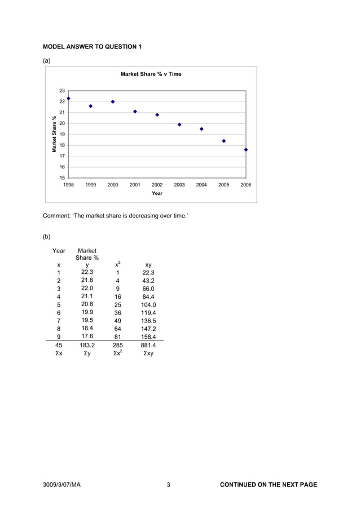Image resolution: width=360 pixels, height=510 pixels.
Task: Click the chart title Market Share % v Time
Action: [x=151, y=74]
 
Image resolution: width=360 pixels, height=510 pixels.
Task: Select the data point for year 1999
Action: [x=90, y=106]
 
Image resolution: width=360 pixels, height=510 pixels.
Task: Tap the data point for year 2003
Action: [x=179, y=125]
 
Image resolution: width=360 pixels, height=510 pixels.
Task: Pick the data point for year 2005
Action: [x=224, y=141]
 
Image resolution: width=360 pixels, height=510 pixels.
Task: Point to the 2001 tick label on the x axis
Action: [x=135, y=185]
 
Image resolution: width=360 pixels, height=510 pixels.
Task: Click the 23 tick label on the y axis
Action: [x=62, y=90]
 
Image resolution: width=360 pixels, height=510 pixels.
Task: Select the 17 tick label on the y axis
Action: [x=62, y=156]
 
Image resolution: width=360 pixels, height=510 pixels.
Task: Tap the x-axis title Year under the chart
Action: [x=157, y=193]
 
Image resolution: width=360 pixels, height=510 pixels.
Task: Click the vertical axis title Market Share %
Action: [x=55, y=134]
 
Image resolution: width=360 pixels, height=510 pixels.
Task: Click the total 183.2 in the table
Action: [x=87, y=345]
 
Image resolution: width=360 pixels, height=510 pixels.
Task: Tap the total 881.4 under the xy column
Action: [x=148, y=345]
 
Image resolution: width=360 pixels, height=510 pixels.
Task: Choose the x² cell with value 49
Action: [x=117, y=320]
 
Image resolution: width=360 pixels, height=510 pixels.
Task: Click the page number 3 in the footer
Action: [x=168, y=485]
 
